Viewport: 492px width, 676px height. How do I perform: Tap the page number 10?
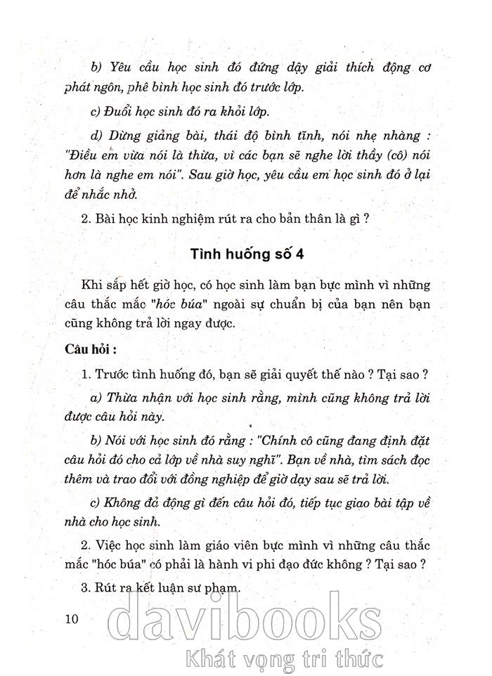pos(70,619)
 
